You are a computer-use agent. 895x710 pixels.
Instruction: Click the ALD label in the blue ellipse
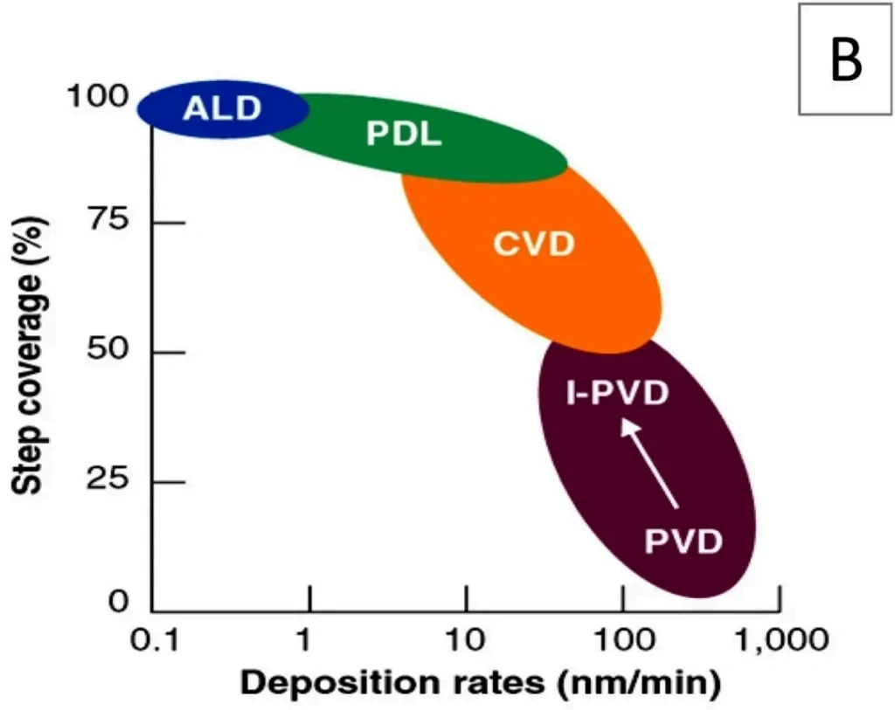222,109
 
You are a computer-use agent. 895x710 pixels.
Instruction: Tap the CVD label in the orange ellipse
533,244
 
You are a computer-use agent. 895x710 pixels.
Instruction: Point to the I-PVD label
616,394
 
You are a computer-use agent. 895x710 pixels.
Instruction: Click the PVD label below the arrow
683,541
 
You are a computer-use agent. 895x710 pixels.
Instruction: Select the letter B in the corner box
845,61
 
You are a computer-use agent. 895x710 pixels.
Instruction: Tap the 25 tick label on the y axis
110,480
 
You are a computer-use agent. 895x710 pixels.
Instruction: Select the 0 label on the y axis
119,603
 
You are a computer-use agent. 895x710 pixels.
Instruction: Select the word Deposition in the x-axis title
325,682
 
